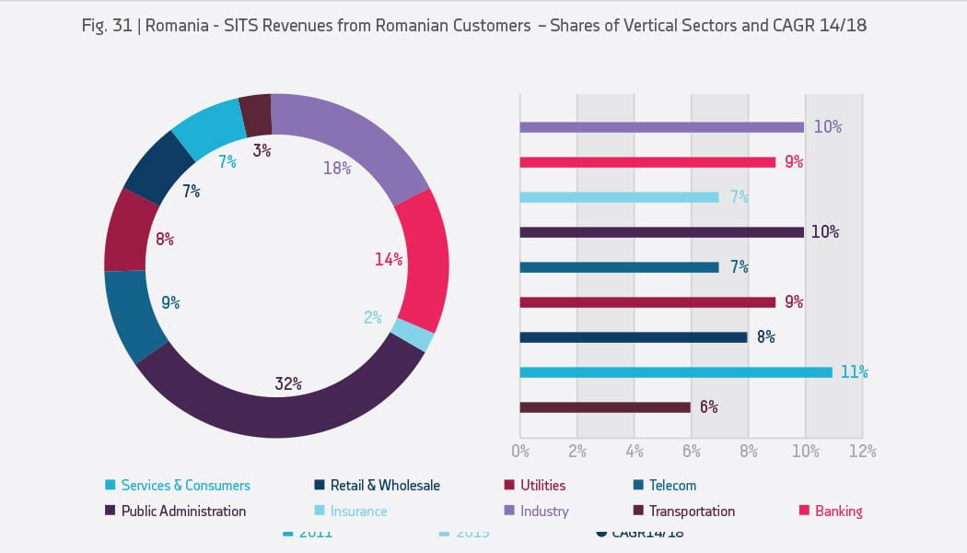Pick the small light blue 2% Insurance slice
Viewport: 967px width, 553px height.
(x=412, y=335)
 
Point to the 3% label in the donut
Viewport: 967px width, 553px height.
(x=262, y=149)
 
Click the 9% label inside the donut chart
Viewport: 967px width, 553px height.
(x=169, y=302)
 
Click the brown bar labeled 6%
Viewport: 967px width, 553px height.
(x=604, y=407)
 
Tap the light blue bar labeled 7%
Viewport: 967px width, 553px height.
(x=618, y=197)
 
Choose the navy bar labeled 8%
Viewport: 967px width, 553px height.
(x=633, y=337)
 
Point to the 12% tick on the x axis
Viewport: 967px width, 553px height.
(x=862, y=452)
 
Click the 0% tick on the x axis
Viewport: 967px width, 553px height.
(x=519, y=452)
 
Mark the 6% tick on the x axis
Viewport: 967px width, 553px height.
(x=691, y=452)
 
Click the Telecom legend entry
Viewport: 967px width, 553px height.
(x=671, y=485)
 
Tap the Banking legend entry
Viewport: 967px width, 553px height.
(x=837, y=511)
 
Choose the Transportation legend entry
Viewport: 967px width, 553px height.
(x=691, y=511)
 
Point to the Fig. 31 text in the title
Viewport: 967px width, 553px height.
(x=103, y=26)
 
